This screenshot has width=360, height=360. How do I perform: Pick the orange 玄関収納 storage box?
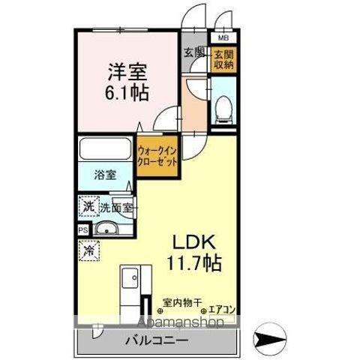(x=223, y=59)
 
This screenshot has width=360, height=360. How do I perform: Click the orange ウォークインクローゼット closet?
(x=157, y=153)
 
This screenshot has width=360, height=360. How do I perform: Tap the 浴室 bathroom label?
(x=104, y=175)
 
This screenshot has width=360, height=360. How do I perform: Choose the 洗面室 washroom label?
(x=117, y=207)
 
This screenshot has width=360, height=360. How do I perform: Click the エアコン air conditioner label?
(x=223, y=305)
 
